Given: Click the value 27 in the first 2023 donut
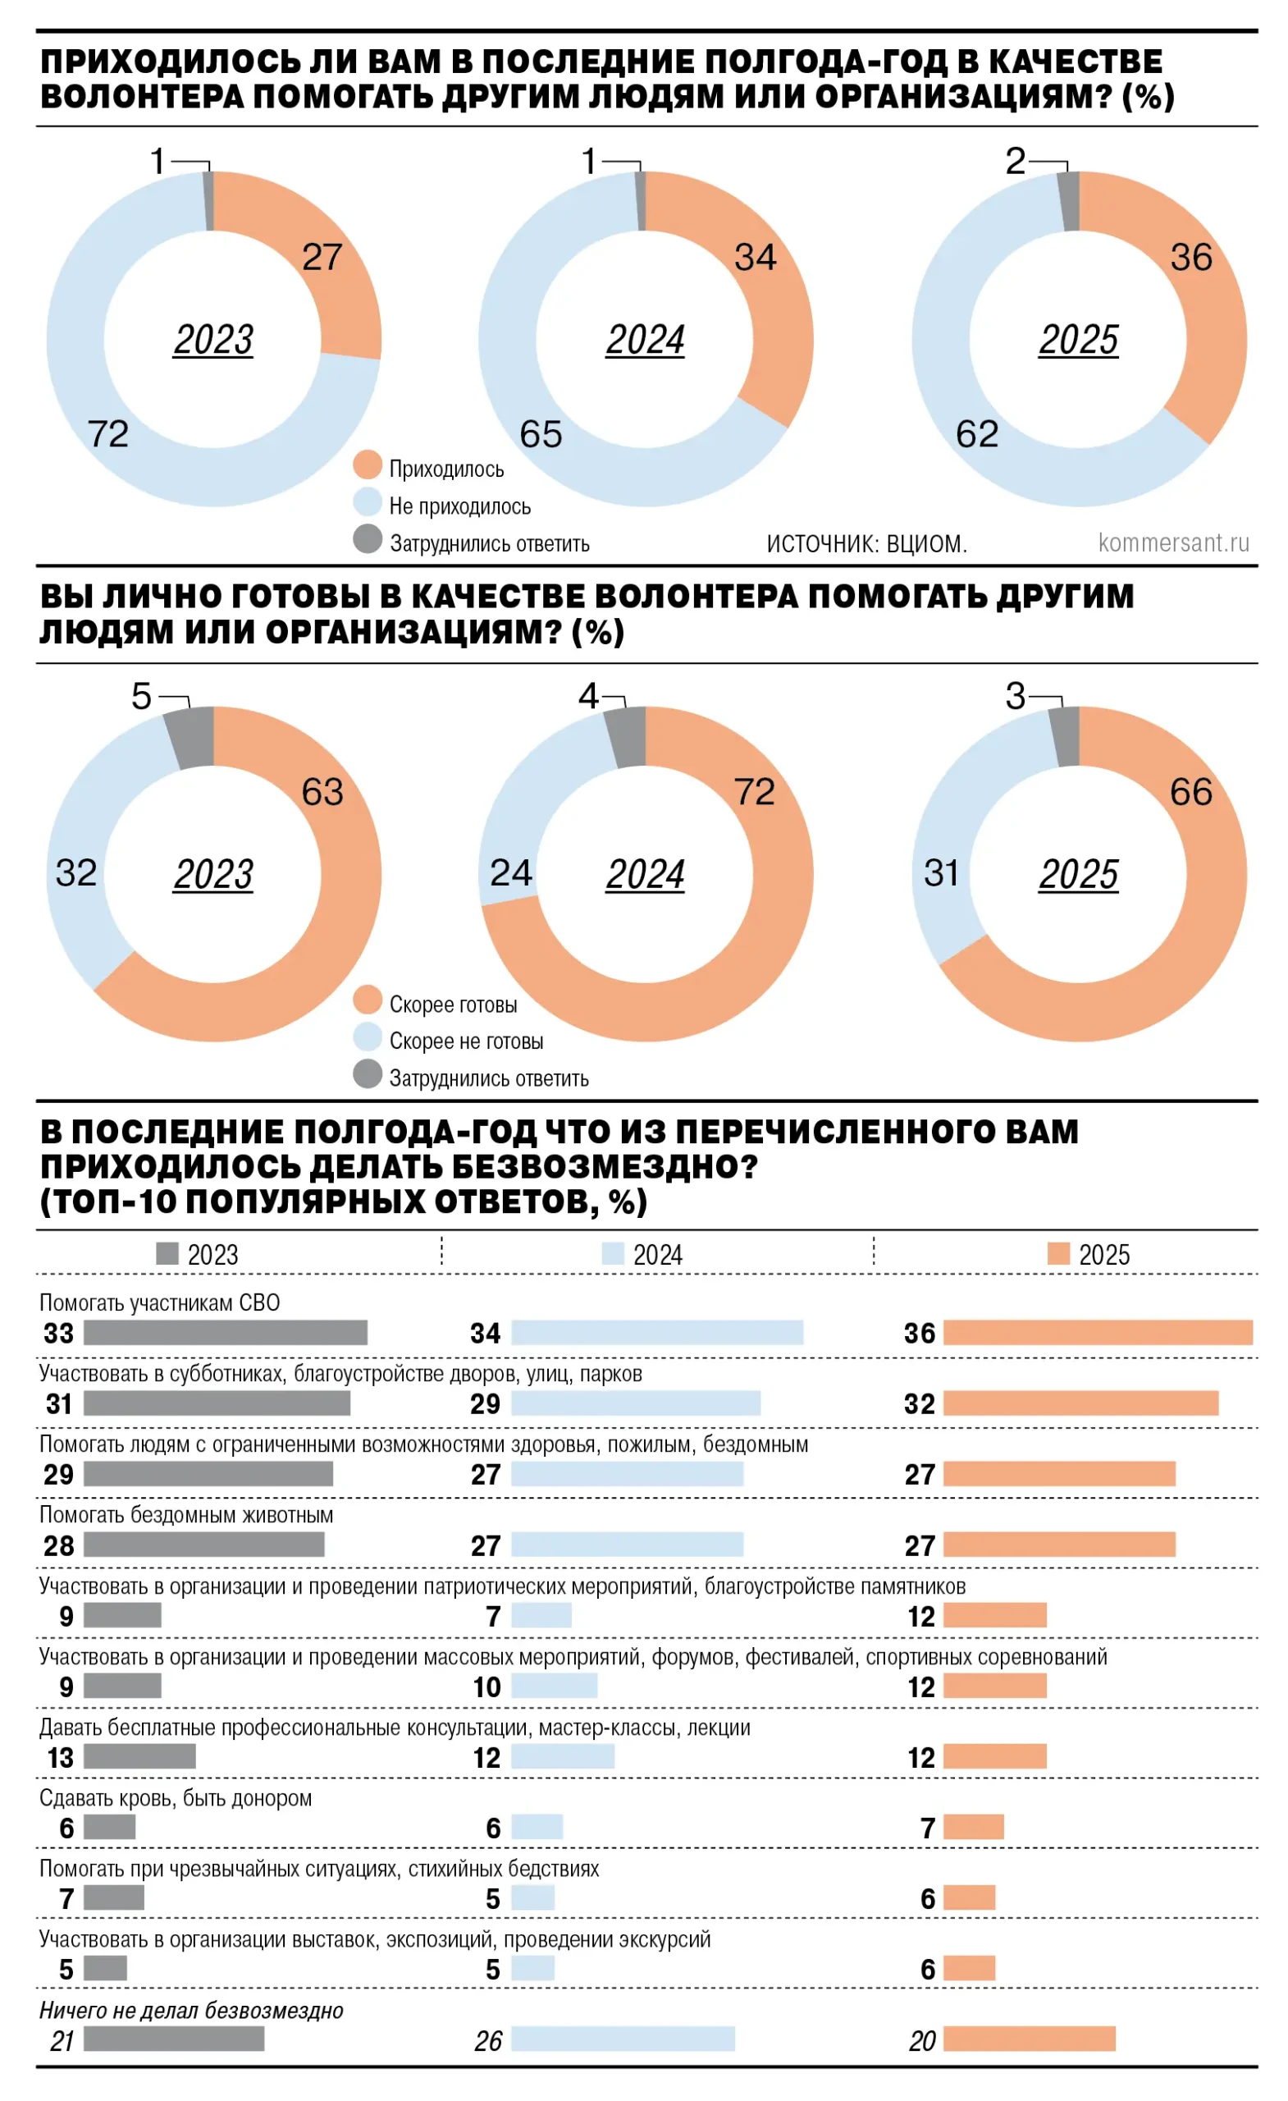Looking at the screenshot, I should click(322, 257).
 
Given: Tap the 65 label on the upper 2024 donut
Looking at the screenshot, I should click(541, 434).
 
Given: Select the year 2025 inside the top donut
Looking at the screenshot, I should click(1077, 340).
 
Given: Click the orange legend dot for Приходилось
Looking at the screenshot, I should click(368, 465).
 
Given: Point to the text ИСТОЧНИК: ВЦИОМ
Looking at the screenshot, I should click(866, 543).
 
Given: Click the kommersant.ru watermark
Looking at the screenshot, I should click(1173, 542).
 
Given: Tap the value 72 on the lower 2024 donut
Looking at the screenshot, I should click(755, 792).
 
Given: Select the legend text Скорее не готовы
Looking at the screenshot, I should click(465, 1041).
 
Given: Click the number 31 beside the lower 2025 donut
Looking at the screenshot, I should click(941, 873).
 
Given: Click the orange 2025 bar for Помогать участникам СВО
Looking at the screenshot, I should click(1097, 1333).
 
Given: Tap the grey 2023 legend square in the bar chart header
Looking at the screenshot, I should click(167, 1253).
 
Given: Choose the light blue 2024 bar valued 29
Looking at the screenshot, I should click(635, 1403).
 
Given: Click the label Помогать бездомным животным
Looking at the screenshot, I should click(186, 1515).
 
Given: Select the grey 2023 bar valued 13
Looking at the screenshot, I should click(139, 1756).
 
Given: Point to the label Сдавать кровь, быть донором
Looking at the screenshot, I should click(176, 1798).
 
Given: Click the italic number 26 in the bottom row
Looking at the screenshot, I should click(487, 2041).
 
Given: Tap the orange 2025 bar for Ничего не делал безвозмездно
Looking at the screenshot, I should click(1028, 2039).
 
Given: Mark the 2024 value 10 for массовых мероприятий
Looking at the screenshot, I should click(486, 1687).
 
